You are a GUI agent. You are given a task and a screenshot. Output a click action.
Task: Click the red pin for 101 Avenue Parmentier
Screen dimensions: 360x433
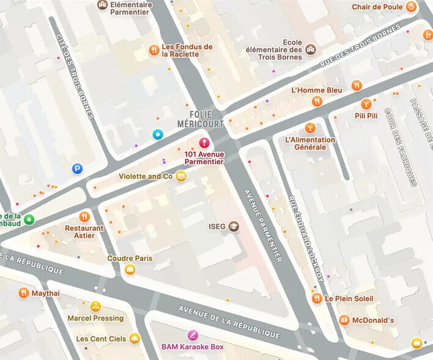[x=204, y=143]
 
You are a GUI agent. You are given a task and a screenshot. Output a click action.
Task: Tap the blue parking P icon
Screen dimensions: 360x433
[x=77, y=168]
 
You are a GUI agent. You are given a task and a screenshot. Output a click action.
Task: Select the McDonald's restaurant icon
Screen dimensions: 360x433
[x=344, y=320]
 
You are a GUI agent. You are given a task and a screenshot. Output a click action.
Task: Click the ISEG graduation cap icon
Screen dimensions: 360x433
[x=234, y=227]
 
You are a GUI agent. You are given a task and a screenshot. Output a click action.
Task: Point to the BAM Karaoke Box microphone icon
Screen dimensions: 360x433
[x=193, y=335]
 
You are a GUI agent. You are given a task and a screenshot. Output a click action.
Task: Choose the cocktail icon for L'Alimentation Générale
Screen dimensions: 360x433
[x=309, y=128]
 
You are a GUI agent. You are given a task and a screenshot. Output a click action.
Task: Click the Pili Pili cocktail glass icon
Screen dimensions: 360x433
[x=366, y=103]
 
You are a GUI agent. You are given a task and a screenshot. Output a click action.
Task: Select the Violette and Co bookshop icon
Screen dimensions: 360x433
[x=180, y=176]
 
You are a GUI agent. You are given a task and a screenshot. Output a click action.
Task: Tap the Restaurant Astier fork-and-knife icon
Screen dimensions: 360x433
[x=84, y=216]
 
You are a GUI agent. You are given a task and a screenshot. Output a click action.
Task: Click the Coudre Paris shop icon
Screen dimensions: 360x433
[x=130, y=269]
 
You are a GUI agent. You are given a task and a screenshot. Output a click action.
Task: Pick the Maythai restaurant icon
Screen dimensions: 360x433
[x=23, y=293]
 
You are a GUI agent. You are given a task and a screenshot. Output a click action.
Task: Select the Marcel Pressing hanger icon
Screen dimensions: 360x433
[x=95, y=307]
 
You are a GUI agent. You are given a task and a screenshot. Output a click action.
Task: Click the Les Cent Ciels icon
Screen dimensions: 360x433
[x=135, y=338]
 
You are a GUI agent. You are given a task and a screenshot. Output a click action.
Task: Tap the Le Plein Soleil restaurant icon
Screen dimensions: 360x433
[x=317, y=298]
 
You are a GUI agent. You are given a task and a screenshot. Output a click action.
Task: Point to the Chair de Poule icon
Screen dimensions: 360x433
[x=412, y=7]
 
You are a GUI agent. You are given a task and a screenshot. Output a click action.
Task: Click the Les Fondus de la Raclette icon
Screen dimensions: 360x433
[x=154, y=50]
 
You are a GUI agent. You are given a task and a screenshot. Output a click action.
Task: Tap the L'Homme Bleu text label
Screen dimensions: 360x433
[x=317, y=90]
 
